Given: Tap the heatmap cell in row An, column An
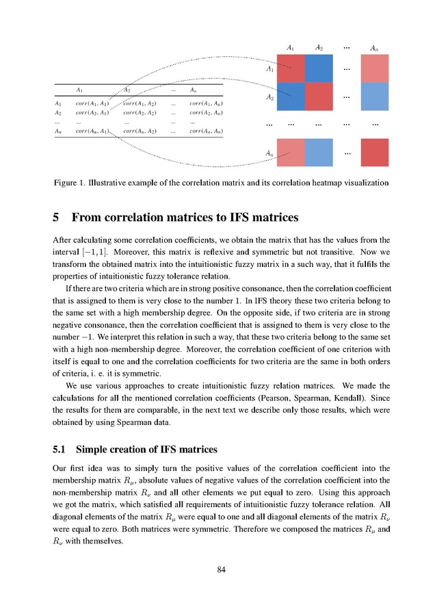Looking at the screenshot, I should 374,153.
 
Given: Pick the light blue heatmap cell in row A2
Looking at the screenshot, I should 374,97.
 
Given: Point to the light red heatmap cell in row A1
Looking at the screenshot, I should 374,68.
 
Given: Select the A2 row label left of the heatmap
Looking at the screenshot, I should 270,98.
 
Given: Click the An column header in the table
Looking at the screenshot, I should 194,90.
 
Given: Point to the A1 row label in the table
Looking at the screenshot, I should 58,103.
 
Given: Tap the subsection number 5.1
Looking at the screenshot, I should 60,450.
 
